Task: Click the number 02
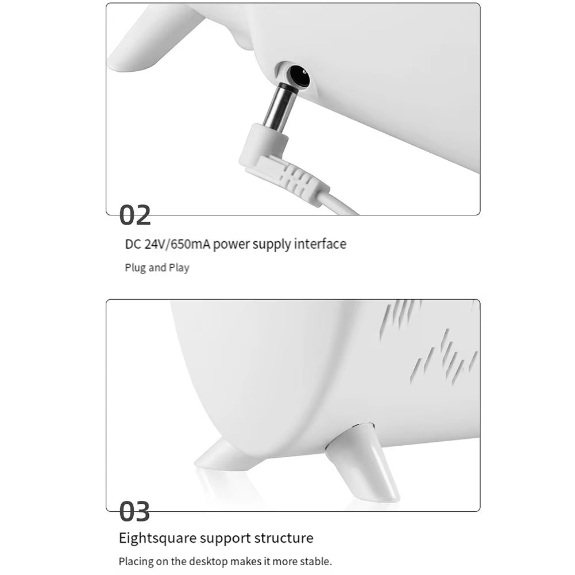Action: coord(135,215)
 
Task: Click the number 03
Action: coord(134,512)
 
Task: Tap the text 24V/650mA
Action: coord(177,244)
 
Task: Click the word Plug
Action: coord(136,268)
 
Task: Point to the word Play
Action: coord(179,268)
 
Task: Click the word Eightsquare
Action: coord(158,538)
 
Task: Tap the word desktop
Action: coord(209,561)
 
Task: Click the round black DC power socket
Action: coord(299,76)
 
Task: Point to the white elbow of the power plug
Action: coord(262,146)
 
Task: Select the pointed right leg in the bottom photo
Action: coord(363,462)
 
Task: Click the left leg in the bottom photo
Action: coord(228,455)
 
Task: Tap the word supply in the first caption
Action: coord(271,245)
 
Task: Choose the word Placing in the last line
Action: coord(136,562)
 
